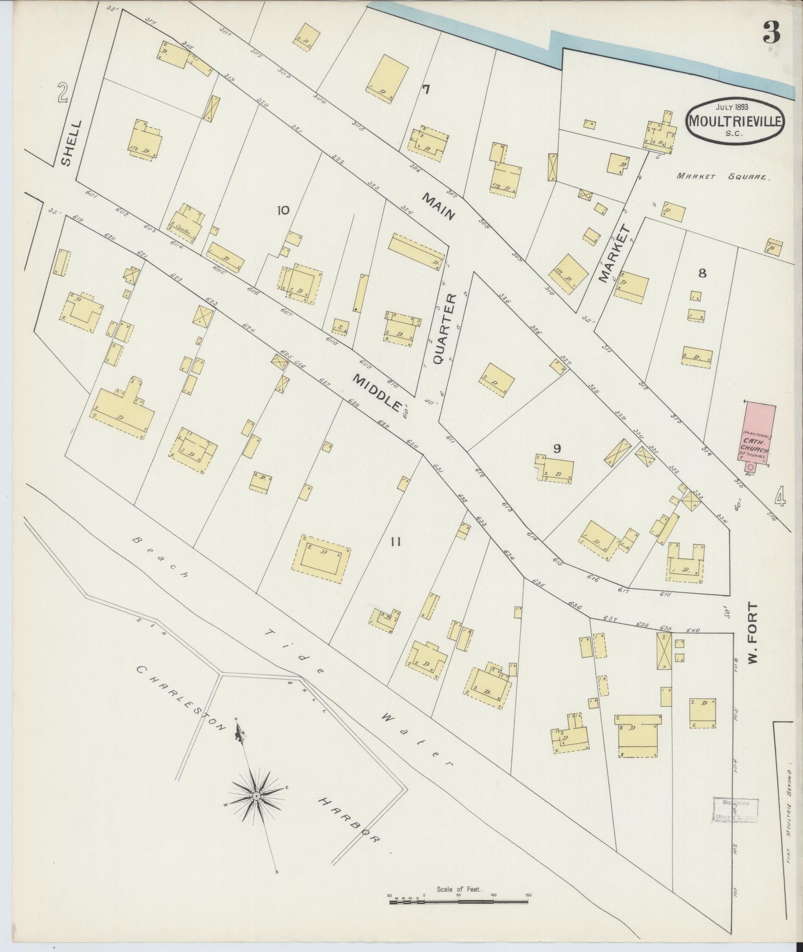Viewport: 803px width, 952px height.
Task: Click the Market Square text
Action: coord(723,176)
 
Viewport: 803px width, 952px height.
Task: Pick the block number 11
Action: coord(395,542)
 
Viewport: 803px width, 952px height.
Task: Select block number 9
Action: coord(557,448)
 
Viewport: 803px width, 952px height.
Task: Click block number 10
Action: coord(283,211)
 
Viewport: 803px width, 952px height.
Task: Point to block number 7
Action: coord(426,90)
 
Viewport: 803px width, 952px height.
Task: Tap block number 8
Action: coord(702,273)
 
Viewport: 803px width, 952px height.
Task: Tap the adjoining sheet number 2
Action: coord(62,93)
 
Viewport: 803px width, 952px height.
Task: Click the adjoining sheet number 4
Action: coord(780,496)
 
